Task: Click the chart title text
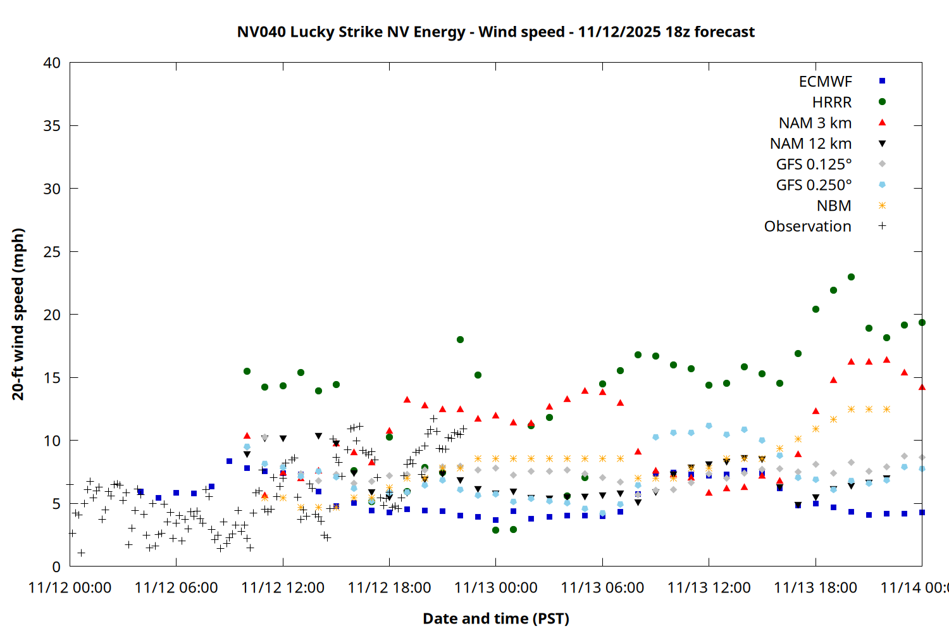click(495, 32)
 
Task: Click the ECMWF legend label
click(825, 82)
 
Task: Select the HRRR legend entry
click(832, 103)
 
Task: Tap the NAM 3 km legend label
click(815, 123)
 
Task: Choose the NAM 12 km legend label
click(810, 144)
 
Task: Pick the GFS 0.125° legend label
click(814, 165)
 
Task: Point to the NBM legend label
click(834, 206)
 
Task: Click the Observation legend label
click(807, 227)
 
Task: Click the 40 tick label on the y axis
click(52, 63)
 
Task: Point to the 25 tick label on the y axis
click(52, 252)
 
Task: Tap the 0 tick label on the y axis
click(56, 567)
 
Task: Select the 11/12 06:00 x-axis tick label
click(176, 587)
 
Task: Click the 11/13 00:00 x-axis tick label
click(495, 587)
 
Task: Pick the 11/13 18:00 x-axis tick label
click(816, 587)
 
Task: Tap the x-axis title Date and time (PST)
click(495, 618)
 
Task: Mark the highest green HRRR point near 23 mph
click(851, 277)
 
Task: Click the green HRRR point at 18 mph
click(460, 340)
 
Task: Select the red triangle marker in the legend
click(882, 122)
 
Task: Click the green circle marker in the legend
click(882, 102)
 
